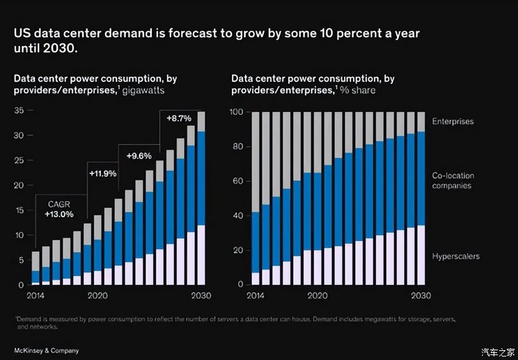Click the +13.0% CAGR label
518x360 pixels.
(58, 214)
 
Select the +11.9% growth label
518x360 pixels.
(102, 172)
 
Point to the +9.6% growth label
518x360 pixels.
(139, 156)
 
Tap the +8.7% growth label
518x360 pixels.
(180, 118)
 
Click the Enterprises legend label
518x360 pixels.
(453, 122)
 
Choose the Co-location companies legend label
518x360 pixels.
(453, 181)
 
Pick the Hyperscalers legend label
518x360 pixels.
(456, 257)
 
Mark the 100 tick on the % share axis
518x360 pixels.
(237, 112)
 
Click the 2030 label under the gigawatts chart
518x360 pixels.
(201, 295)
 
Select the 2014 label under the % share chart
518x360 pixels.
(255, 295)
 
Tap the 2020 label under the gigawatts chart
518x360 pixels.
(97, 295)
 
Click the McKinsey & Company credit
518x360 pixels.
(46, 350)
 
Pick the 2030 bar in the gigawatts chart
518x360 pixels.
(201, 198)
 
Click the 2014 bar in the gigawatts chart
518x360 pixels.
(36, 268)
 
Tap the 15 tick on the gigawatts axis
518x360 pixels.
(19, 210)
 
